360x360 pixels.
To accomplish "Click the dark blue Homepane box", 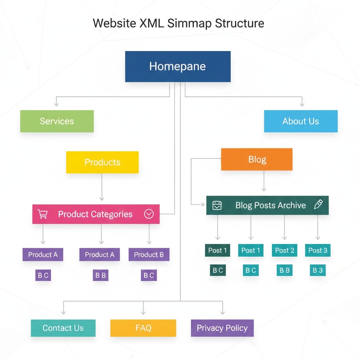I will point(178,66).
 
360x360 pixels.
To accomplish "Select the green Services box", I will point(57,121).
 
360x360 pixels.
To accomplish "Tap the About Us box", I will point(301,121).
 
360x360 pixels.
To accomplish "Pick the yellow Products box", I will point(102,162).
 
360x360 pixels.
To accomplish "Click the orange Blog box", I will point(257,159).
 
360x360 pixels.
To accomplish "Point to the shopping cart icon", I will point(43,214).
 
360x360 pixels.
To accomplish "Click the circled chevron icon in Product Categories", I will point(149,214).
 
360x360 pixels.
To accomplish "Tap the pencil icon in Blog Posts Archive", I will point(318,205).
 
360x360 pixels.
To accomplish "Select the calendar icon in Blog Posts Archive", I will point(217,205).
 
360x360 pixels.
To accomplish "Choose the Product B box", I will point(149,255).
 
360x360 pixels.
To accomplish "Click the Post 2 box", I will point(284,250).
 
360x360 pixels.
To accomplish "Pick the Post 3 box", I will point(317,250).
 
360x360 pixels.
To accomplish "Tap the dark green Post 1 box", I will point(217,250).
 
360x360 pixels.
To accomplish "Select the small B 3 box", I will point(317,270).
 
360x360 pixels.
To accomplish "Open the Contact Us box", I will point(63,328).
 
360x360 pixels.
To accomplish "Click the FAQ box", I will point(143,328).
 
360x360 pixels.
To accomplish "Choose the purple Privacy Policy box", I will point(222,328).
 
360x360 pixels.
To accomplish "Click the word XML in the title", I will point(149,24).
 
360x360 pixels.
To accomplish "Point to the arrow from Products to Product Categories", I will point(102,188).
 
